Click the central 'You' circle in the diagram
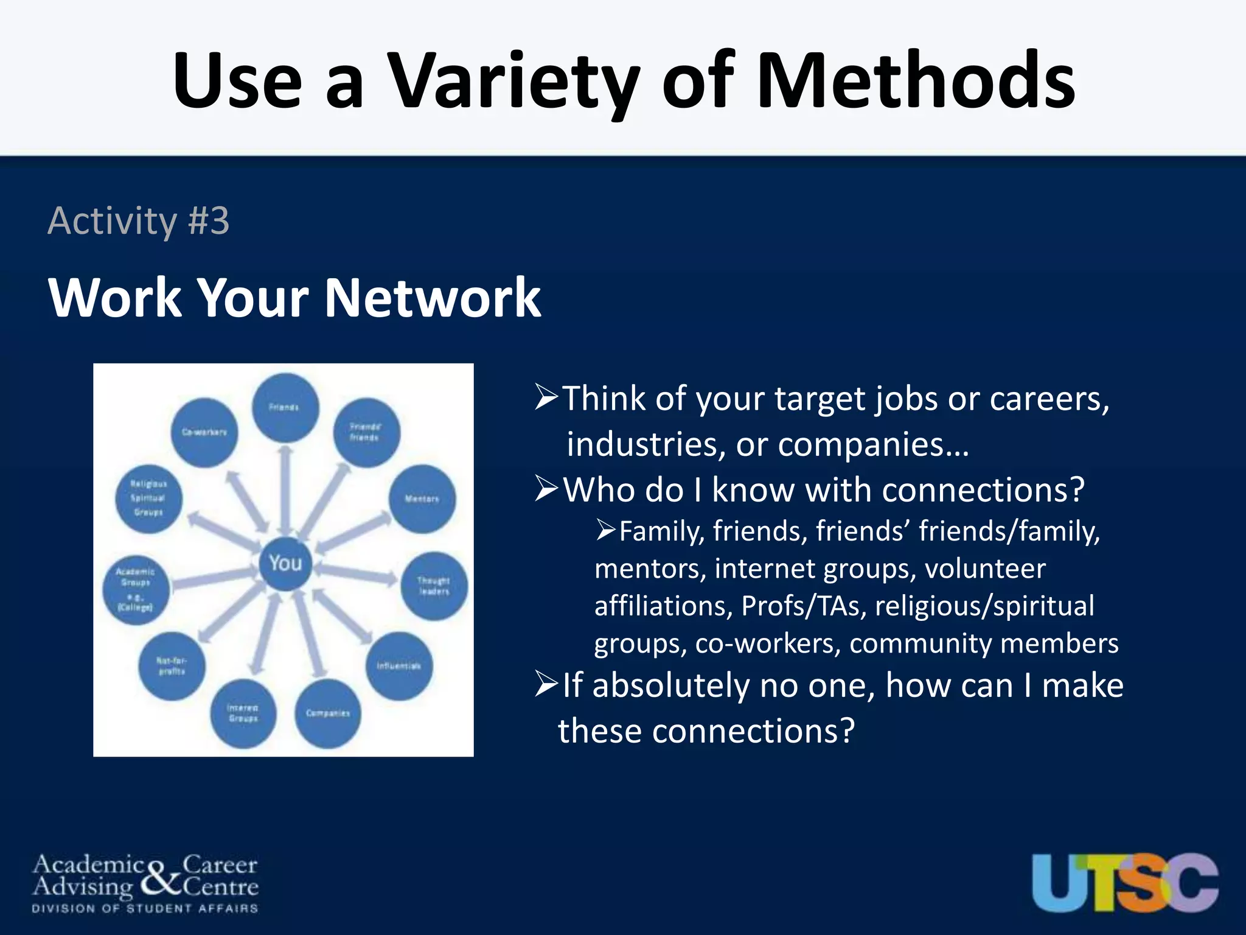tap(285, 563)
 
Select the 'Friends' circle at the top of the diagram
tap(285, 408)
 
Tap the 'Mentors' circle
tap(422, 499)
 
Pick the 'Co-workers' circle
tap(204, 432)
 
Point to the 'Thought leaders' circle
tap(434, 586)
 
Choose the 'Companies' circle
tap(328, 713)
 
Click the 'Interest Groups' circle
tap(243, 713)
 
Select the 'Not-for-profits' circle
tap(172, 666)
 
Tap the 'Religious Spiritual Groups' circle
tap(148, 499)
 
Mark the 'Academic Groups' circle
tap(136, 589)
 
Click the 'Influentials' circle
tap(399, 666)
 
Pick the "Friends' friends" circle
tap(366, 432)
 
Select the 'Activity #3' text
tap(139, 220)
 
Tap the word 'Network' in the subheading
tap(433, 298)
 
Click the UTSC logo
tap(1125, 882)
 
